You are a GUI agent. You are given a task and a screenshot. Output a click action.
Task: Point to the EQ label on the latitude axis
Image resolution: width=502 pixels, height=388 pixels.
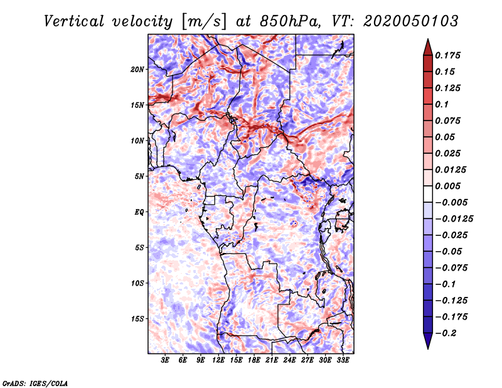pyautogui.click(x=139, y=212)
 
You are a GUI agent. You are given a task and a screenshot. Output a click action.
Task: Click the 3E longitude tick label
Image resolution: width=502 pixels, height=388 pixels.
pyautogui.click(x=166, y=360)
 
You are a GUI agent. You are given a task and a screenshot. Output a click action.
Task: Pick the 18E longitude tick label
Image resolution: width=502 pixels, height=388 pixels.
pyautogui.click(x=255, y=360)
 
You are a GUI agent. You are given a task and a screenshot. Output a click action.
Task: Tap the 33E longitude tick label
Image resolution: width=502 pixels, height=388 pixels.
pyautogui.click(x=343, y=360)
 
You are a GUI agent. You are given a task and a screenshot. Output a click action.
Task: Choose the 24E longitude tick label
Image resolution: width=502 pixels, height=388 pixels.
pyautogui.click(x=290, y=360)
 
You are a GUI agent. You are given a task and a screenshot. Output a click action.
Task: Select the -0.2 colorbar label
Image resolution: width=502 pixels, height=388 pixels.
pyautogui.click(x=447, y=333)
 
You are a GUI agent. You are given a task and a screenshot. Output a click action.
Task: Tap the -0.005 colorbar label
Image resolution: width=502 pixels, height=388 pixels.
pyautogui.click(x=451, y=202)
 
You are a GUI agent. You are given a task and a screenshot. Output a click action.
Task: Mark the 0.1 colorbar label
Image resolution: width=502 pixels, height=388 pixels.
pyautogui.click(x=444, y=104)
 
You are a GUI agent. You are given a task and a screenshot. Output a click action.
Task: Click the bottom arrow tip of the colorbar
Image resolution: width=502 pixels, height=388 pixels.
pyautogui.click(x=427, y=347)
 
